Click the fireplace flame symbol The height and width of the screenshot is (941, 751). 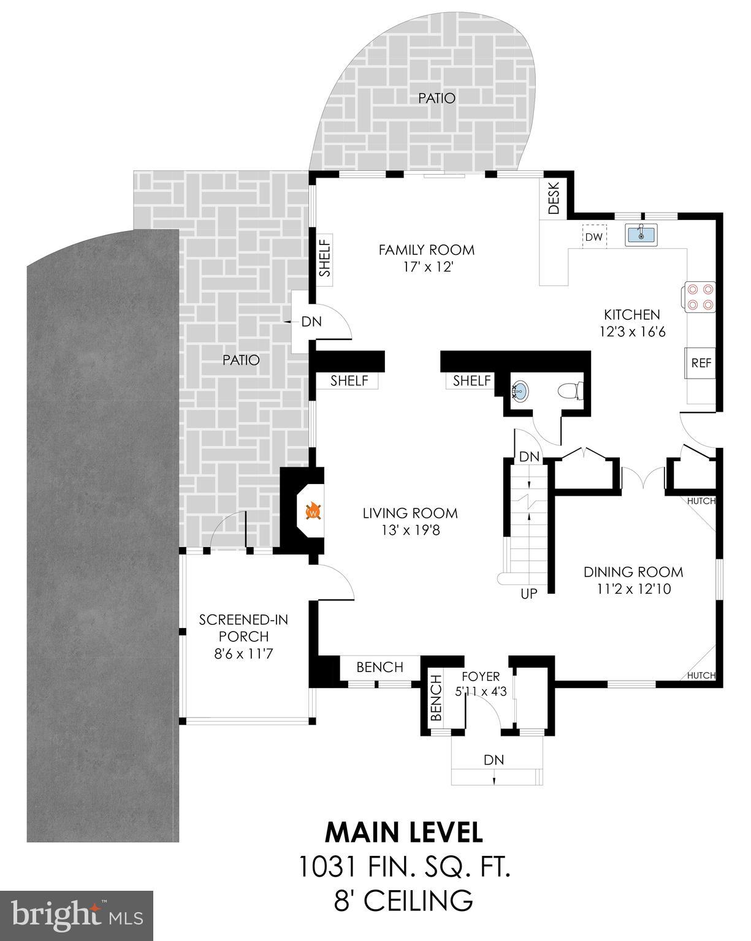tap(313, 511)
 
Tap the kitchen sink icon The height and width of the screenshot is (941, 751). tap(641, 235)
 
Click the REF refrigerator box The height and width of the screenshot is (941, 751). tap(701, 363)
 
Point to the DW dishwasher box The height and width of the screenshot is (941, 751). tap(593, 237)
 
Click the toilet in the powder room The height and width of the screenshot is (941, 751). tap(570, 390)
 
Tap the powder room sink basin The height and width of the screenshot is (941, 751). tap(520, 390)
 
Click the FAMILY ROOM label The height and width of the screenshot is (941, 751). tap(426, 250)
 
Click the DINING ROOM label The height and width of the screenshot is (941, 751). tap(633, 572)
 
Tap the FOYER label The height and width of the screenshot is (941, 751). tap(481, 677)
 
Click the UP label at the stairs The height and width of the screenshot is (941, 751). tap(528, 594)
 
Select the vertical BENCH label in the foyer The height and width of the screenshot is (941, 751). tap(436, 697)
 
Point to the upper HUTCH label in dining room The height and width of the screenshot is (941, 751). tap(701, 501)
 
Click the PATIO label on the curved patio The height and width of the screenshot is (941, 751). tap(436, 98)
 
